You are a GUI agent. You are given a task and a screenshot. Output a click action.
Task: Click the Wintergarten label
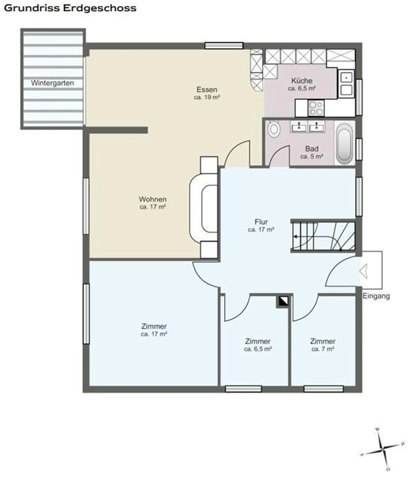[x=52, y=83]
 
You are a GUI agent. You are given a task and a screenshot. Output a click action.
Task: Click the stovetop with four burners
[x=316, y=108]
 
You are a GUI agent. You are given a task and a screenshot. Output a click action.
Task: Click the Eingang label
[x=376, y=296]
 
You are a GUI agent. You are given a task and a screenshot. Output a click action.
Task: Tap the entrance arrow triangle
[x=364, y=272]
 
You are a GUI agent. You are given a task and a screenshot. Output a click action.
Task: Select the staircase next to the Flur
[x=323, y=236]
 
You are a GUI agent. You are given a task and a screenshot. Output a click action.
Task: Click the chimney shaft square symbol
[x=282, y=301]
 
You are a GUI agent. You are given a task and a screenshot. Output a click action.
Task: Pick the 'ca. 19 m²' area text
[x=207, y=97]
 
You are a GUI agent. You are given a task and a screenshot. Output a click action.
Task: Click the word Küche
[x=302, y=80]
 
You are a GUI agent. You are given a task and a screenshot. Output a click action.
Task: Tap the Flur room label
[x=261, y=222]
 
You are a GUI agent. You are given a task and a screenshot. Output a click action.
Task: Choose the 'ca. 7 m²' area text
[x=323, y=349]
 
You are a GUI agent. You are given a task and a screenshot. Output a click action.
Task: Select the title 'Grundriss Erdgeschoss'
[x=70, y=8]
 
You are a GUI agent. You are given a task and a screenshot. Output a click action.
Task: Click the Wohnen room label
[x=153, y=199]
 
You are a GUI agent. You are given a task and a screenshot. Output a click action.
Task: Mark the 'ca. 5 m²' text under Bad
[x=312, y=157]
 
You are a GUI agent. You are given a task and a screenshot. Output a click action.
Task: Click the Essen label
[x=207, y=89]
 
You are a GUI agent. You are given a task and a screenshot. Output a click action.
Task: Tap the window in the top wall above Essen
[x=224, y=46]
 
